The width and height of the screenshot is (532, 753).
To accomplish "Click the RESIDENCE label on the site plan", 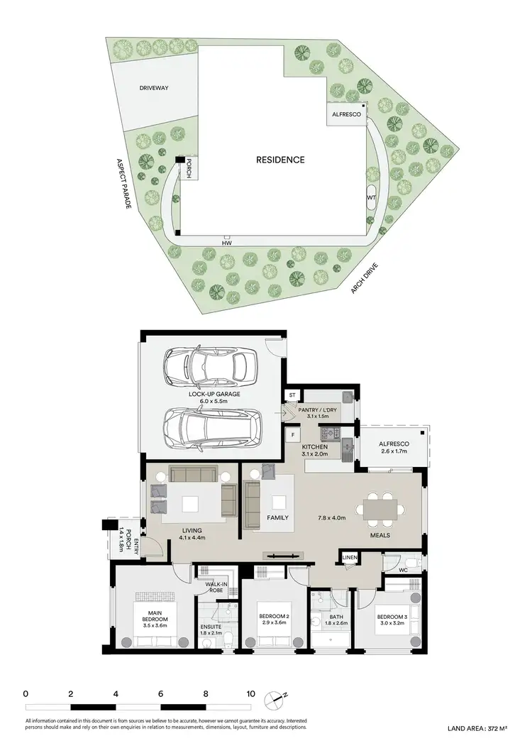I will pos(280,160).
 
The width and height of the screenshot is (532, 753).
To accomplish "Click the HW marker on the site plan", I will pos(226,243).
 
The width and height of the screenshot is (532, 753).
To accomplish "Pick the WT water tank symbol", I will pos(370,198).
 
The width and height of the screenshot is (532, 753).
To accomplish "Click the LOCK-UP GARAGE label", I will pos(214,393).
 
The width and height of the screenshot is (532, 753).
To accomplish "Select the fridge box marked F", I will pos(292,433).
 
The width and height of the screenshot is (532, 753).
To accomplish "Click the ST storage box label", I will pos(292,395).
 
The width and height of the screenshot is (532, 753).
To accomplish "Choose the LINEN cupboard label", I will pos(349,558).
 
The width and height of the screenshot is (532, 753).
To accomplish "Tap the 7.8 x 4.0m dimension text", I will pos(331,518).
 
